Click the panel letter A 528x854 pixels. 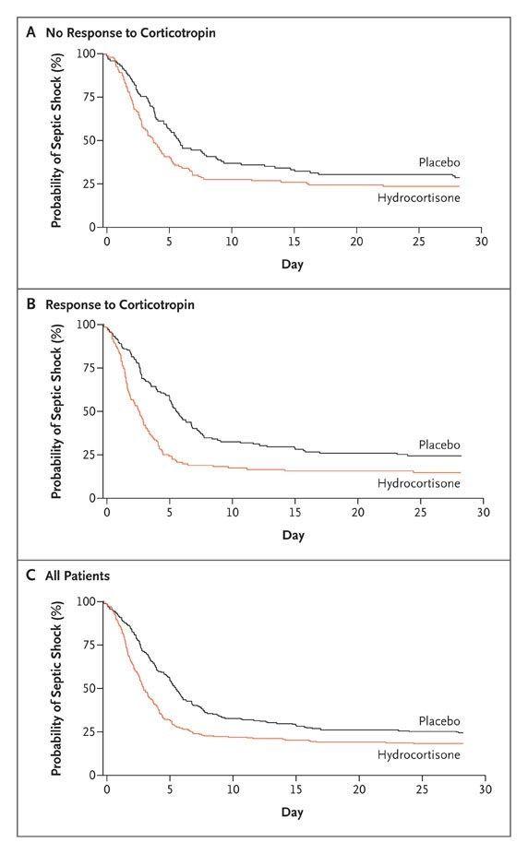31,32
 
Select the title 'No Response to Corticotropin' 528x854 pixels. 131,32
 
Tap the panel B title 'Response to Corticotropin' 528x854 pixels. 120,304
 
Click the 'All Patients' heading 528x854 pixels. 78,575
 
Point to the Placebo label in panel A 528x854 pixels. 439,162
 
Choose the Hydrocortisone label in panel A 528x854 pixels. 418,197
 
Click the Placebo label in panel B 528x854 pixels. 439,445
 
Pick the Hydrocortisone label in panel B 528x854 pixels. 418,483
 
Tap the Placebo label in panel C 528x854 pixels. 439,721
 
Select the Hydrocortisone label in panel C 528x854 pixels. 418,754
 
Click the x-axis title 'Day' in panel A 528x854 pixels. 292,265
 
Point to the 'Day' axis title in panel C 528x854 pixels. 292,812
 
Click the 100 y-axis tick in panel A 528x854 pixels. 86,53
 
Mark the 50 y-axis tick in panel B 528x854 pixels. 90,411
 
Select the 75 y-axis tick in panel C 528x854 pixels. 90,645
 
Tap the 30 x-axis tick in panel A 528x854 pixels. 481,242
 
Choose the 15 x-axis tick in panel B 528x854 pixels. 294,513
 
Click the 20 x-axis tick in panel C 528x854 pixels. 359,789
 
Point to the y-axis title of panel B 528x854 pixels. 56,411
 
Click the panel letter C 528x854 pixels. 31,575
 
